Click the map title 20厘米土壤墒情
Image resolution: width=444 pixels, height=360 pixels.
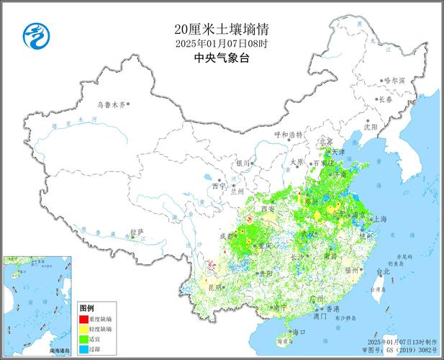click(x=222, y=30)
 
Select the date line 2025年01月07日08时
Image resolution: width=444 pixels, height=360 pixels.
click(x=222, y=44)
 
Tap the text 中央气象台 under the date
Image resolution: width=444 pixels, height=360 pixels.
click(x=222, y=58)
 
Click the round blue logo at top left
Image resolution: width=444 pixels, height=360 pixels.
click(x=34, y=34)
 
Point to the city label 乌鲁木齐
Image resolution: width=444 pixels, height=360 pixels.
click(x=110, y=104)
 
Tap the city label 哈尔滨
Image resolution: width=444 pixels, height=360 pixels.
click(x=394, y=80)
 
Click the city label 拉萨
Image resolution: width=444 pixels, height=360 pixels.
click(x=136, y=232)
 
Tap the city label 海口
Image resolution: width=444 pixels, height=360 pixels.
click(x=298, y=332)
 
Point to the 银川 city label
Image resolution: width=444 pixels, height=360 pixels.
click(x=242, y=163)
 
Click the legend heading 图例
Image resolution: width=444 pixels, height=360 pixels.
click(x=87, y=307)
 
